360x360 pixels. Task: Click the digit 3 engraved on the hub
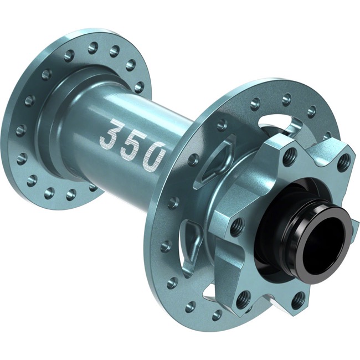click(x=115, y=133)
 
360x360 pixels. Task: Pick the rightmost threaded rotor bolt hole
click(x=344, y=161)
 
